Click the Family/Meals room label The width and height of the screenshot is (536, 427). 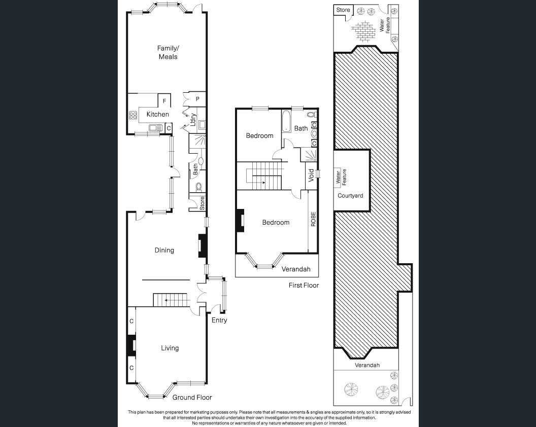click(x=168, y=53)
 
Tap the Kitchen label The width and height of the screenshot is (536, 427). click(x=157, y=114)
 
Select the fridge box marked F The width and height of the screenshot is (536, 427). click(x=164, y=101)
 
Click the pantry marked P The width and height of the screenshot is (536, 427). click(x=197, y=99)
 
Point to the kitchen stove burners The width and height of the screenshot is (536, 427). click(x=133, y=116)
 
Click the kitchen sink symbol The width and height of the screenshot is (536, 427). click(x=156, y=128)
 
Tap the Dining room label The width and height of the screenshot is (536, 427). click(x=164, y=250)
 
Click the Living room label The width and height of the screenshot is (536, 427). click(x=170, y=348)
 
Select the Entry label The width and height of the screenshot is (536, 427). click(x=219, y=320)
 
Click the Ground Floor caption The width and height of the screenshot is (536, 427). click(x=192, y=397)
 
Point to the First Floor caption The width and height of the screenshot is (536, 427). click(x=304, y=285)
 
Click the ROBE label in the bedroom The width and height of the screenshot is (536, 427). click(x=313, y=219)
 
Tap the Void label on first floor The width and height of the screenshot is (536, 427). click(x=311, y=175)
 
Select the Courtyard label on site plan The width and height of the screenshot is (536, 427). click(x=350, y=196)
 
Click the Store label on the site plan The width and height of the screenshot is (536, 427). click(x=343, y=10)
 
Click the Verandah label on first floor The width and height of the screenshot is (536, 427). click(x=296, y=269)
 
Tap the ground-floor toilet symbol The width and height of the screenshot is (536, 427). click(x=198, y=187)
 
